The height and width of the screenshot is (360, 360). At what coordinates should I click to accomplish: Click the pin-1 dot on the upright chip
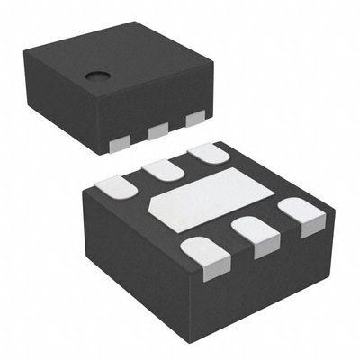(x=94, y=76)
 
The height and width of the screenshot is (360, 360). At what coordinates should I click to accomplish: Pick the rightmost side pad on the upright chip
(x=193, y=120)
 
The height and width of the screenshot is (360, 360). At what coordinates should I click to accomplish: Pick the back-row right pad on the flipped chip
(x=207, y=152)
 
